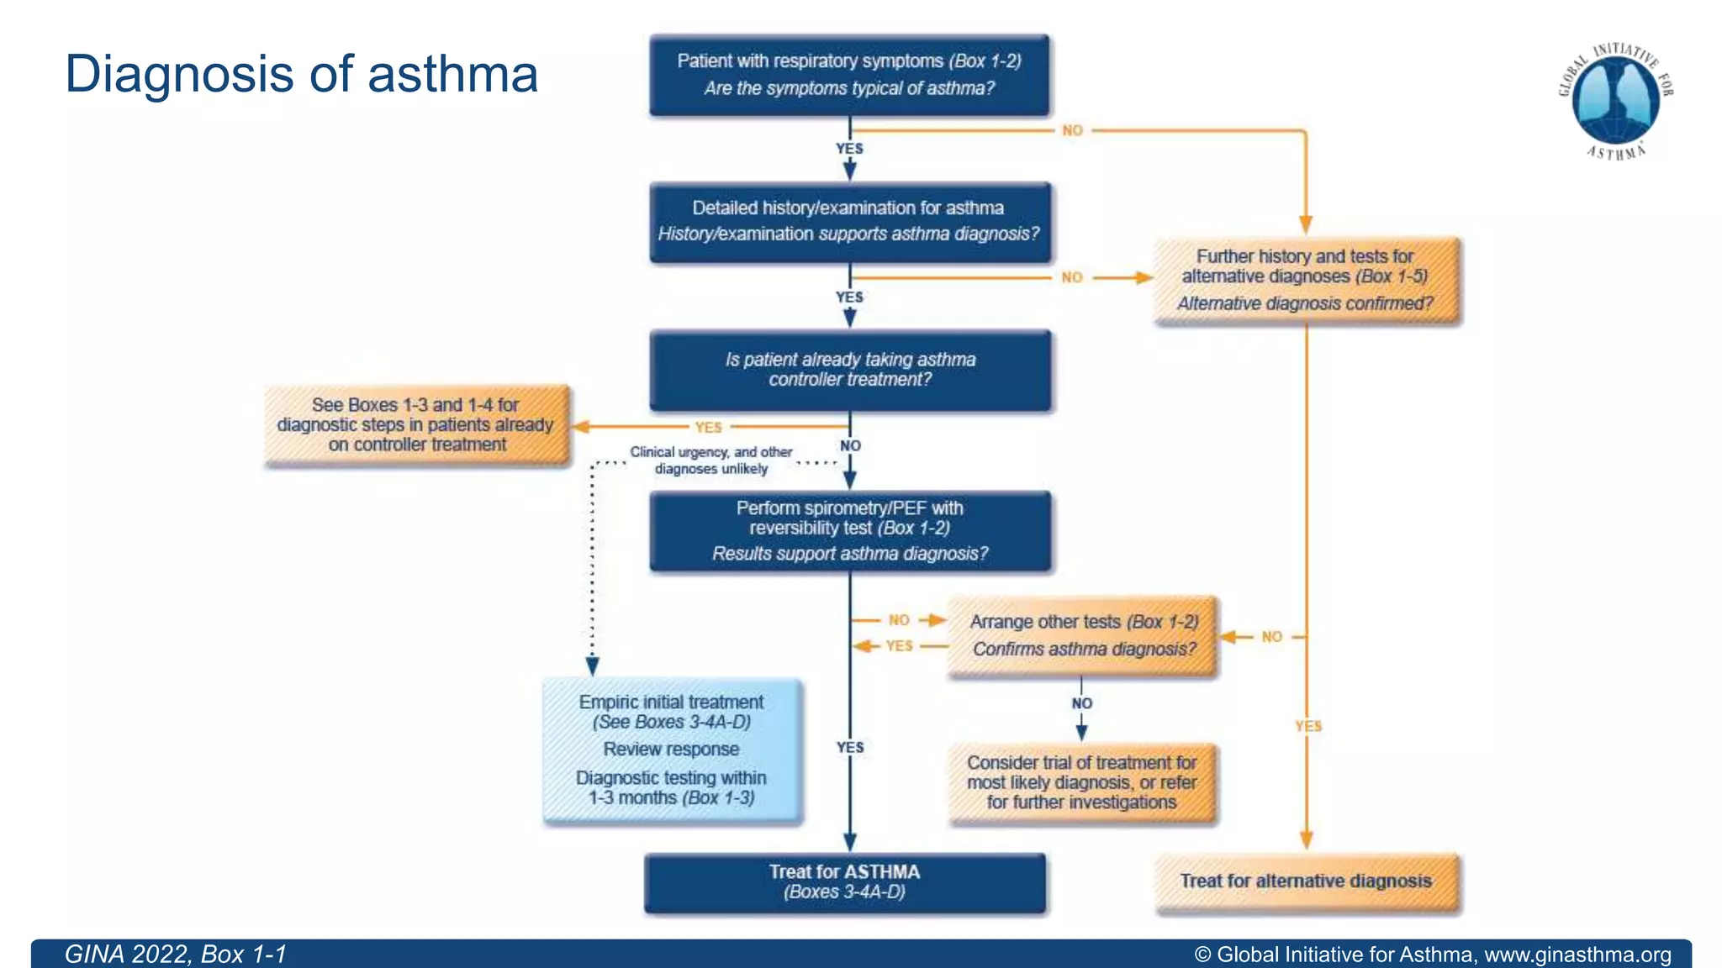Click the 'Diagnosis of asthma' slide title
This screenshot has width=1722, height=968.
pos(301,74)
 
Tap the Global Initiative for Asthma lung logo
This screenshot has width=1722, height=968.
pos(1615,99)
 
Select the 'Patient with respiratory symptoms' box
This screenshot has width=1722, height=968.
pos(849,75)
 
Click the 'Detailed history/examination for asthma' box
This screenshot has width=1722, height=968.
pos(849,222)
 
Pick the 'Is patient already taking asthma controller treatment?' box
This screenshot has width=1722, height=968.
pos(849,370)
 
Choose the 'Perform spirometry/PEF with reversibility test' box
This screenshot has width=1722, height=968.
pos(849,531)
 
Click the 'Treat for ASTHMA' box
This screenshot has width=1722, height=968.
pos(845,882)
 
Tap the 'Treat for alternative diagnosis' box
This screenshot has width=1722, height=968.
pos(1306,881)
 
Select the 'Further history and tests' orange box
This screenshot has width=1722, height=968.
pos(1306,280)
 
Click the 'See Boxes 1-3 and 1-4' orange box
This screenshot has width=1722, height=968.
pos(416,424)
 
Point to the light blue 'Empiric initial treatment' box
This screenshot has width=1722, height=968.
pos(672,750)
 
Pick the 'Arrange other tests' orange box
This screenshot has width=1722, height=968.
pos(1083,635)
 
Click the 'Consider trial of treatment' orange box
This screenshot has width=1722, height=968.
pos(1082,782)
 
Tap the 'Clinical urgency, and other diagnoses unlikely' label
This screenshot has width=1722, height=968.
pos(711,460)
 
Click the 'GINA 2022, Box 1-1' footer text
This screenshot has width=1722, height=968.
pos(176,955)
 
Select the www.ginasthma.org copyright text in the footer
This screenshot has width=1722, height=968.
pos(1433,955)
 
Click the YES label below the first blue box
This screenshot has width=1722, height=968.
pos(849,149)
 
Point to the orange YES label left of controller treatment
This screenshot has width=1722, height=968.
pos(709,427)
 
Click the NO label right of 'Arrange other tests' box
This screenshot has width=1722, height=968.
pos(1271,637)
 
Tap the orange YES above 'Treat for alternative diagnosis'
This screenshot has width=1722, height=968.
pos(1308,726)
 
